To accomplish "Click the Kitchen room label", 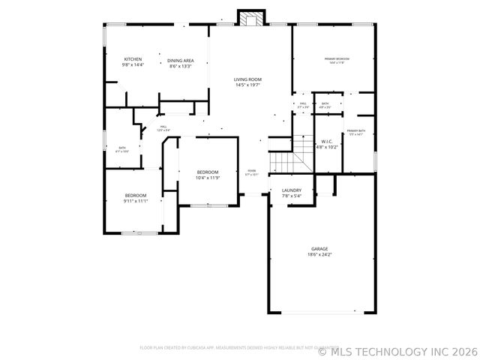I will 133,59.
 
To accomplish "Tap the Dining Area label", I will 181,60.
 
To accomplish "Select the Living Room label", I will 247,79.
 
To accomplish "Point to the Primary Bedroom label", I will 337,58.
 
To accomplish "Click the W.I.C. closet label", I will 327,141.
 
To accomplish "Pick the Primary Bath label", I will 356,131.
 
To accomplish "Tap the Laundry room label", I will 292,190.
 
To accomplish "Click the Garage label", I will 319,249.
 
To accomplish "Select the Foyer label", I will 251,171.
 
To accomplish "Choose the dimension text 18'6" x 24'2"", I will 319,255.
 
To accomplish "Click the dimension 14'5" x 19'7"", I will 247,85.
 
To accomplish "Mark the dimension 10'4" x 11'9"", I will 208,178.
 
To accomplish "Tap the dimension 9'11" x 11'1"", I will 136,201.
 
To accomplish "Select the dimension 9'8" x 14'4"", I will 133,65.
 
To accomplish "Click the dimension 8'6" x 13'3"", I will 181,66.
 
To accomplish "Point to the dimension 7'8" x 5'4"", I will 292,196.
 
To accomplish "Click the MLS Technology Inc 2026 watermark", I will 397,350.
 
